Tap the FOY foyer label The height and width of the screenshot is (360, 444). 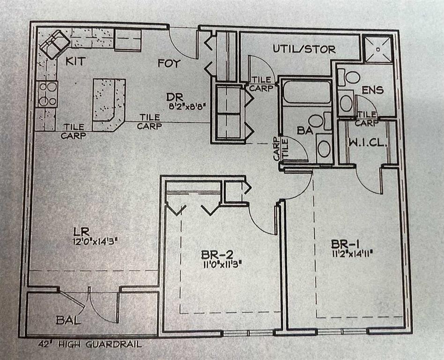169,63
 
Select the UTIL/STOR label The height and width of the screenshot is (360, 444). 304,48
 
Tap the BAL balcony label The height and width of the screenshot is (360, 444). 68,321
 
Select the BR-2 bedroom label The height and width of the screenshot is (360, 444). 217,255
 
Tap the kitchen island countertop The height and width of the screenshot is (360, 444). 108,103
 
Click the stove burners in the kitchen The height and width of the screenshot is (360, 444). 47,94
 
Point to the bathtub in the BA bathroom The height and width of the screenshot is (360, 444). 307,91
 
